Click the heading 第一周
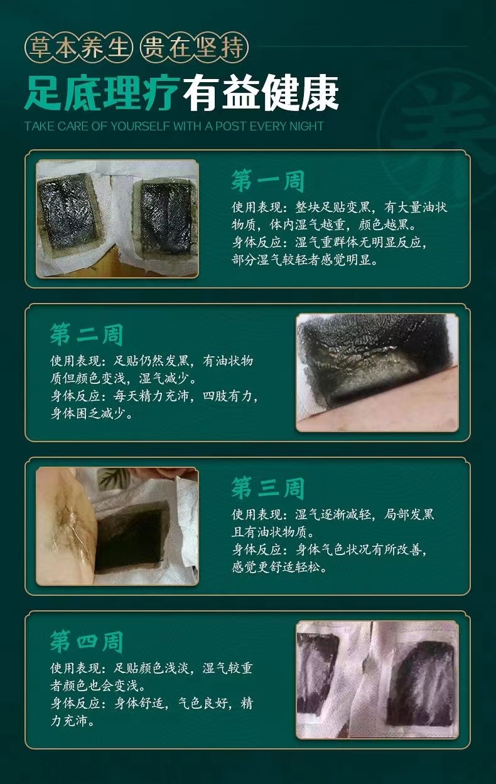267,181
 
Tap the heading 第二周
86,334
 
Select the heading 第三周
267,488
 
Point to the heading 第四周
86,642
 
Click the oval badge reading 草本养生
79,47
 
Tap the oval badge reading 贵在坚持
194,47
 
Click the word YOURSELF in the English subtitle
141,126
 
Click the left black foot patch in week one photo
68,212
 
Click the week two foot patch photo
377,373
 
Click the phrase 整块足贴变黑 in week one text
333,207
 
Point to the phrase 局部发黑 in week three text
409,514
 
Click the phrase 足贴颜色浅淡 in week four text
151,668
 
